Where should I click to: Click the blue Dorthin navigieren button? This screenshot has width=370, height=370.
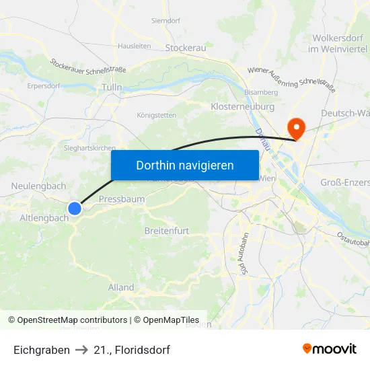(x=184, y=165)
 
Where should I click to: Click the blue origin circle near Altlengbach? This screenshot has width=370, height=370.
(x=75, y=209)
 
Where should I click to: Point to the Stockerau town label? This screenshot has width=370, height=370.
(x=185, y=48)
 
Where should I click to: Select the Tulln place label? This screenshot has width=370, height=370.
(x=112, y=87)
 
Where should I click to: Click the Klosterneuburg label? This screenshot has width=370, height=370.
(x=242, y=107)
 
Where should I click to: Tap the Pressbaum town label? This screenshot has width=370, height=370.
(x=121, y=199)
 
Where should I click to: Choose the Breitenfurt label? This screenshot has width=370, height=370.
(x=167, y=231)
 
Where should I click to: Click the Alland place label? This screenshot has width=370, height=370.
(x=121, y=287)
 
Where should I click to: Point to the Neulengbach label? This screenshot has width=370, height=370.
(x=38, y=186)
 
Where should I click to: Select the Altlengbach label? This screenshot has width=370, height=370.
(x=44, y=218)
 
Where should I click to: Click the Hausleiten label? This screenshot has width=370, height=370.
(x=134, y=46)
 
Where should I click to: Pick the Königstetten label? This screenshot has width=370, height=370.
(x=156, y=115)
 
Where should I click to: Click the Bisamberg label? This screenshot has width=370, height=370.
(x=261, y=91)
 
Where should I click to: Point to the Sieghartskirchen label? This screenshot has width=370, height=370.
(x=89, y=148)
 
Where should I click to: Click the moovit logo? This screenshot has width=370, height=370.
(x=329, y=349)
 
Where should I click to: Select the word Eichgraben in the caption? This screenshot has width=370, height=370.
(x=41, y=350)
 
